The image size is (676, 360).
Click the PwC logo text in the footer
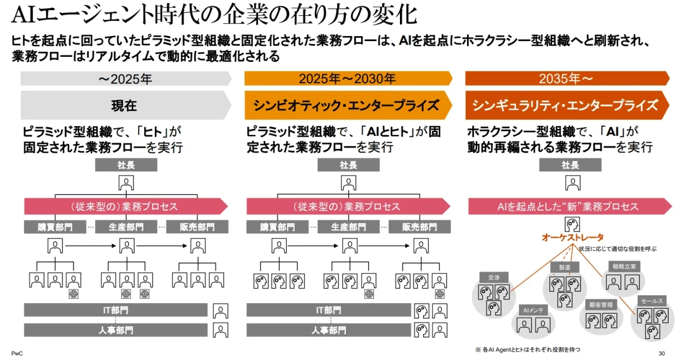pos(16,353)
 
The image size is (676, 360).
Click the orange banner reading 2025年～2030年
pos(347,79)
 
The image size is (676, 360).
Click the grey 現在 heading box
pos(124,105)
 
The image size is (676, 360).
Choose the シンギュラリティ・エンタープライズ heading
pos(567,105)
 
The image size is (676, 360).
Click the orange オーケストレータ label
pos(572,237)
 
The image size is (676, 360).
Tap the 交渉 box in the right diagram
pos(494,277)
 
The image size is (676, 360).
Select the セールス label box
pos(651,301)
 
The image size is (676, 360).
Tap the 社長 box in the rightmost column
pos(570,165)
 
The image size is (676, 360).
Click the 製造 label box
pos(564,267)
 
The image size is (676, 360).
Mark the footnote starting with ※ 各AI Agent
pos(527,349)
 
